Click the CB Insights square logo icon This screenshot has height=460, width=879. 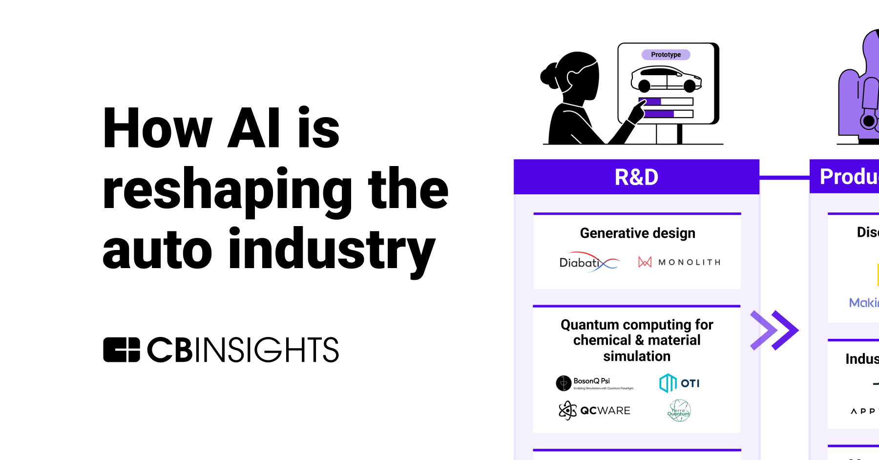coord(122,350)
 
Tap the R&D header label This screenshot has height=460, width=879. coord(636,177)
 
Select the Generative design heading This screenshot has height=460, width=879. coord(637,233)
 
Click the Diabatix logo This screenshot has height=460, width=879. coord(588,262)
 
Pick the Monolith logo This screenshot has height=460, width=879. coord(679,262)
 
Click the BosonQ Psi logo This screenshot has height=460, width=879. coord(594,383)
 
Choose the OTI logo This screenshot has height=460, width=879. coord(679,383)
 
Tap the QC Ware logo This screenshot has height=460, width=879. coord(594,410)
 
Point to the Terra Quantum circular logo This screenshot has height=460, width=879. coord(679,410)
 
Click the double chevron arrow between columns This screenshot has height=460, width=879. coord(774,331)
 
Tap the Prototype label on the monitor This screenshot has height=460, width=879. coord(666,55)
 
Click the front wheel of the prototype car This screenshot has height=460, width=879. coord(690,86)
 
